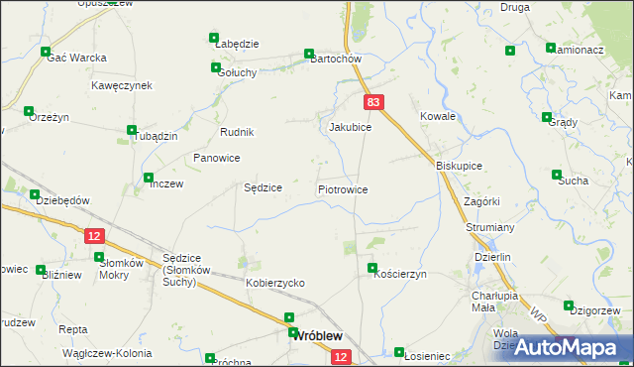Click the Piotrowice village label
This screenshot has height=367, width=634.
pos(343,188)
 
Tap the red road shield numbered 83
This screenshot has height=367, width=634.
pos(372,102)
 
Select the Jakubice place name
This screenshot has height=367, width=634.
pos(350,128)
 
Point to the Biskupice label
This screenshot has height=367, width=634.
pos(459,167)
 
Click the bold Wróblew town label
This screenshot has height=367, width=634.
pos(320,336)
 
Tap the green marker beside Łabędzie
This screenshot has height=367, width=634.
pos(214,39)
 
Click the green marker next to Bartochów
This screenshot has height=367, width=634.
pos(309,54)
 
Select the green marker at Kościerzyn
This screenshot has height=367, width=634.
pos(372,268)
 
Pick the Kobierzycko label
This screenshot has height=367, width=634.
pos(275,283)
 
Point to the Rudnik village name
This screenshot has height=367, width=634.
pos(238,133)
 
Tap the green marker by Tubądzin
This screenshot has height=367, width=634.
pos(132,130)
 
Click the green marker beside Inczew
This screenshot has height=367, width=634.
pos(149,179)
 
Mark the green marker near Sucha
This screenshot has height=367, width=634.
pos(557,176)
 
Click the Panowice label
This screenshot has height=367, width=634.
pos(217,158)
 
